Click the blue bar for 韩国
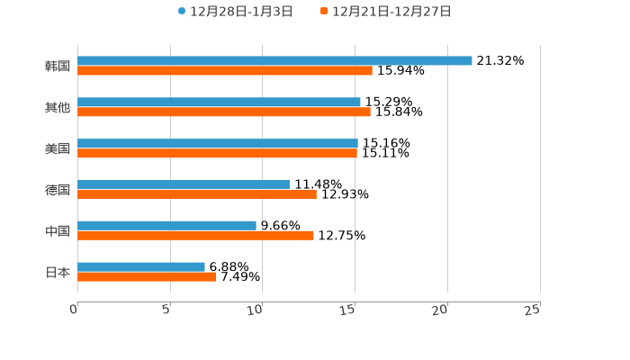(274, 61)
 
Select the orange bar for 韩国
(225, 71)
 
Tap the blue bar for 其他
(219, 103)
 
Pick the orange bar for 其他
(224, 112)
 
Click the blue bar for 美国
(218, 144)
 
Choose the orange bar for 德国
(197, 194)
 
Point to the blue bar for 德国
(184, 184)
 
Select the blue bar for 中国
(166, 225)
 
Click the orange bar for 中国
(195, 236)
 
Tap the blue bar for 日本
(141, 266)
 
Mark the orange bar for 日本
(147, 277)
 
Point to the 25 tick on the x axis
(533, 310)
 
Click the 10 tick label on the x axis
(256, 310)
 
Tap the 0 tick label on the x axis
(74, 310)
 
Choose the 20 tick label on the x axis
(440, 310)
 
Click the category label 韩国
(58, 67)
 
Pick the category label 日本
(58, 273)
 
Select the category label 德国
(58, 190)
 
